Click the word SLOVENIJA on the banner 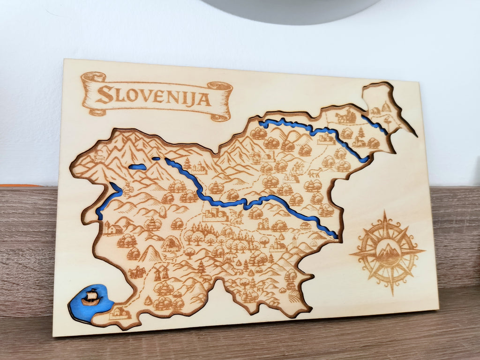(x=153, y=96)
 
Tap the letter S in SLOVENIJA (x=105, y=94)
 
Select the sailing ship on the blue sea (x=91, y=297)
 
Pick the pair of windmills (x=161, y=272)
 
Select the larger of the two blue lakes (x=137, y=166)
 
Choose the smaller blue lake (x=156, y=159)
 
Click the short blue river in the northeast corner (x=375, y=124)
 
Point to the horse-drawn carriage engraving (x=346, y=116)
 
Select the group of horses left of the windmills (x=137, y=272)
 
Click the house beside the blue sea (x=120, y=312)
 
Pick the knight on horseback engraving (x=298, y=167)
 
